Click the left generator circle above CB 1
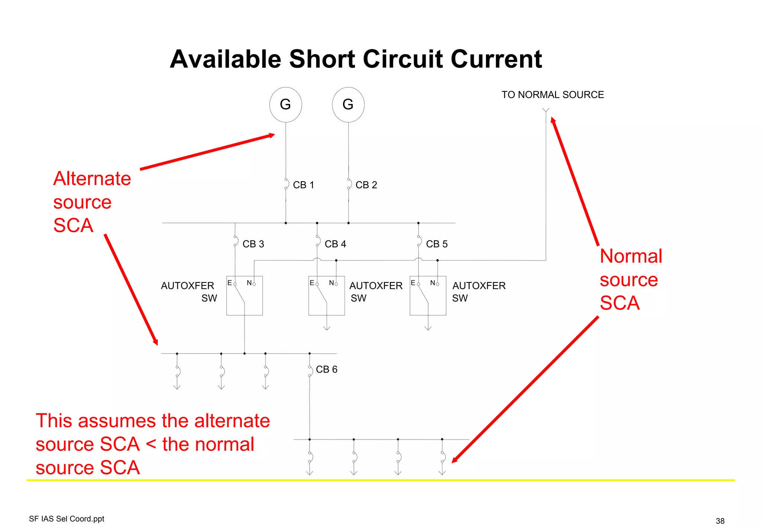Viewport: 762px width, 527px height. [285, 105]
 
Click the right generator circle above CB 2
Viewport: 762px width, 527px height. [348, 105]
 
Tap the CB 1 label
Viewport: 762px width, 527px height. [303, 185]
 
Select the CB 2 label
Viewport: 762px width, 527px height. [366, 185]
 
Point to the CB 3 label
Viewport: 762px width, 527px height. [253, 244]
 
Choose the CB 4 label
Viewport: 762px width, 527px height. [335, 244]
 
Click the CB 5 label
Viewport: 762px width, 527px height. [436, 244]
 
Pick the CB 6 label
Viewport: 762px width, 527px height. [326, 370]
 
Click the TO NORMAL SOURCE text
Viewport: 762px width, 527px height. [553, 95]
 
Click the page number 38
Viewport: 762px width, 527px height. [720, 521]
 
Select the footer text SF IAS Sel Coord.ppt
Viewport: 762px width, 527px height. [67, 519]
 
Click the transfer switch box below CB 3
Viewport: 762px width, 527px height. [244, 296]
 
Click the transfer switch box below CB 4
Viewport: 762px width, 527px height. [326, 296]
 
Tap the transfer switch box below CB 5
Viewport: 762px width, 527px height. [428, 296]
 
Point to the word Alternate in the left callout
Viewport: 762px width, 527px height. [92, 179]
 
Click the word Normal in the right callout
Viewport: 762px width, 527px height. [631, 256]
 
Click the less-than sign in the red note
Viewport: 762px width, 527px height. [151, 444]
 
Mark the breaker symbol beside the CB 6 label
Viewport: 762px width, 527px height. [310, 371]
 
